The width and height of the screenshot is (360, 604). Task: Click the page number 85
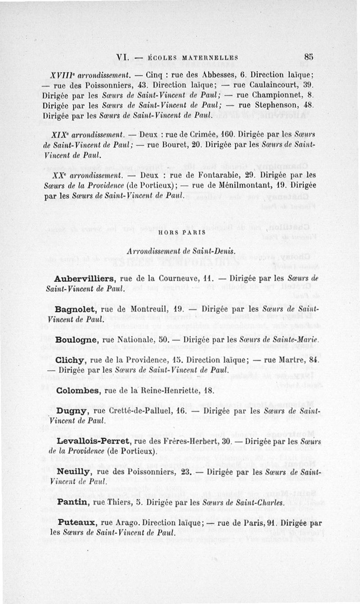click(x=308, y=57)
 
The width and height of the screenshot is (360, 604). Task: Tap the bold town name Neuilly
click(x=75, y=472)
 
